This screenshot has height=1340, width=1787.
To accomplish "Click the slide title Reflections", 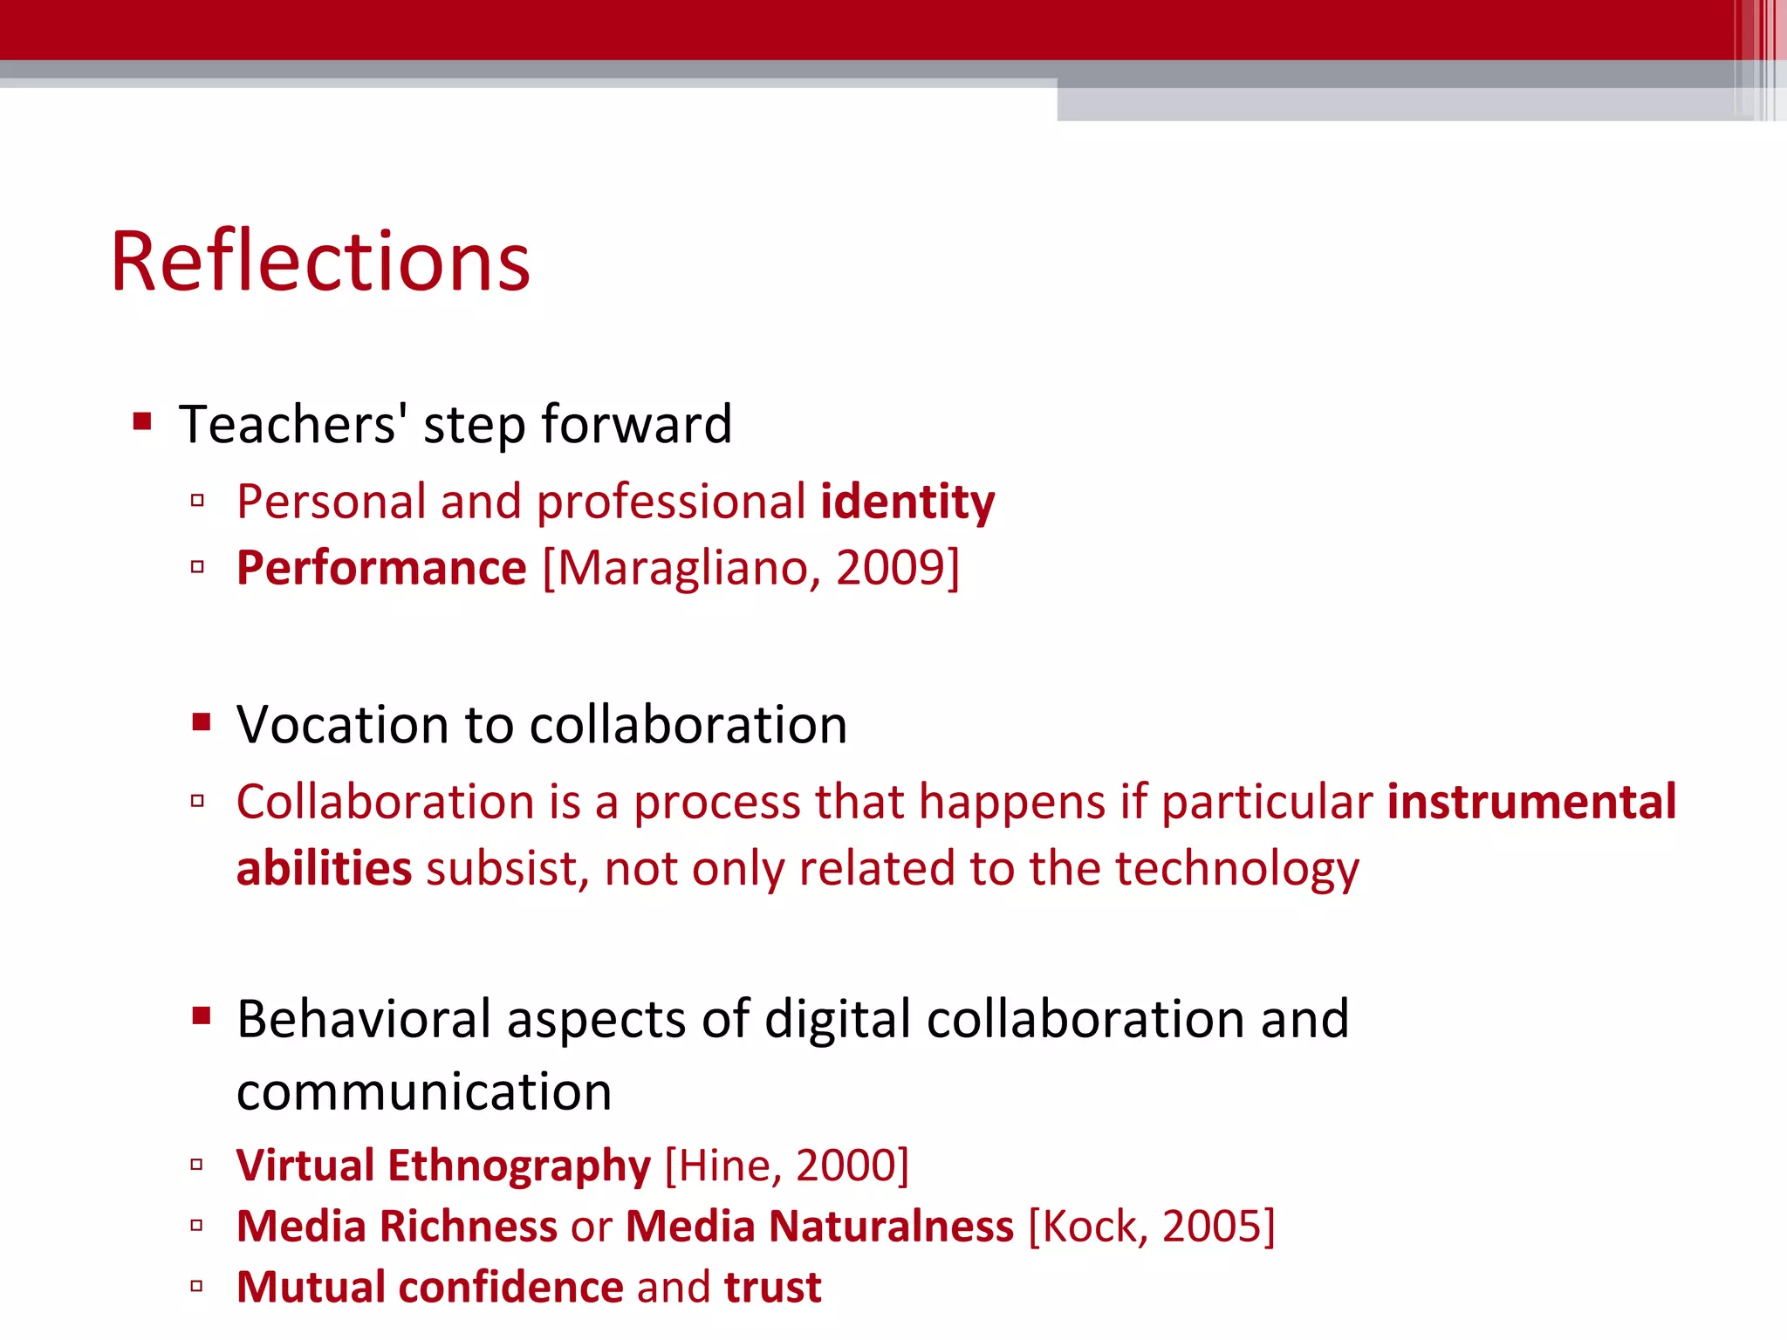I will [320, 261].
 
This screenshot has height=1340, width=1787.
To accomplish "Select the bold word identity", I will [907, 502].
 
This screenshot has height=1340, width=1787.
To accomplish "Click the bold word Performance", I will [381, 569].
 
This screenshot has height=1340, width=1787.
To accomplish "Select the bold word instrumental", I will [1531, 802].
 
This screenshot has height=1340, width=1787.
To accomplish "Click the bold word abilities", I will [324, 869].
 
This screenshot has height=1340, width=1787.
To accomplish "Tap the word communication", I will [424, 1092].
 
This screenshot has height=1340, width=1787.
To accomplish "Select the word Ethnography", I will [519, 1166].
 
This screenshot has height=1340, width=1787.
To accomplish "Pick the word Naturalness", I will [892, 1227].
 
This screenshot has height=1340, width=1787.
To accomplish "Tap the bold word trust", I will [772, 1288].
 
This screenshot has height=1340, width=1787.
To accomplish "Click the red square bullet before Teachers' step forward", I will [142, 423].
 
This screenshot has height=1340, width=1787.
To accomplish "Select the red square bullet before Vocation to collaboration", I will [202, 722].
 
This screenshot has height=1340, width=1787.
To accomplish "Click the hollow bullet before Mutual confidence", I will [197, 1286].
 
